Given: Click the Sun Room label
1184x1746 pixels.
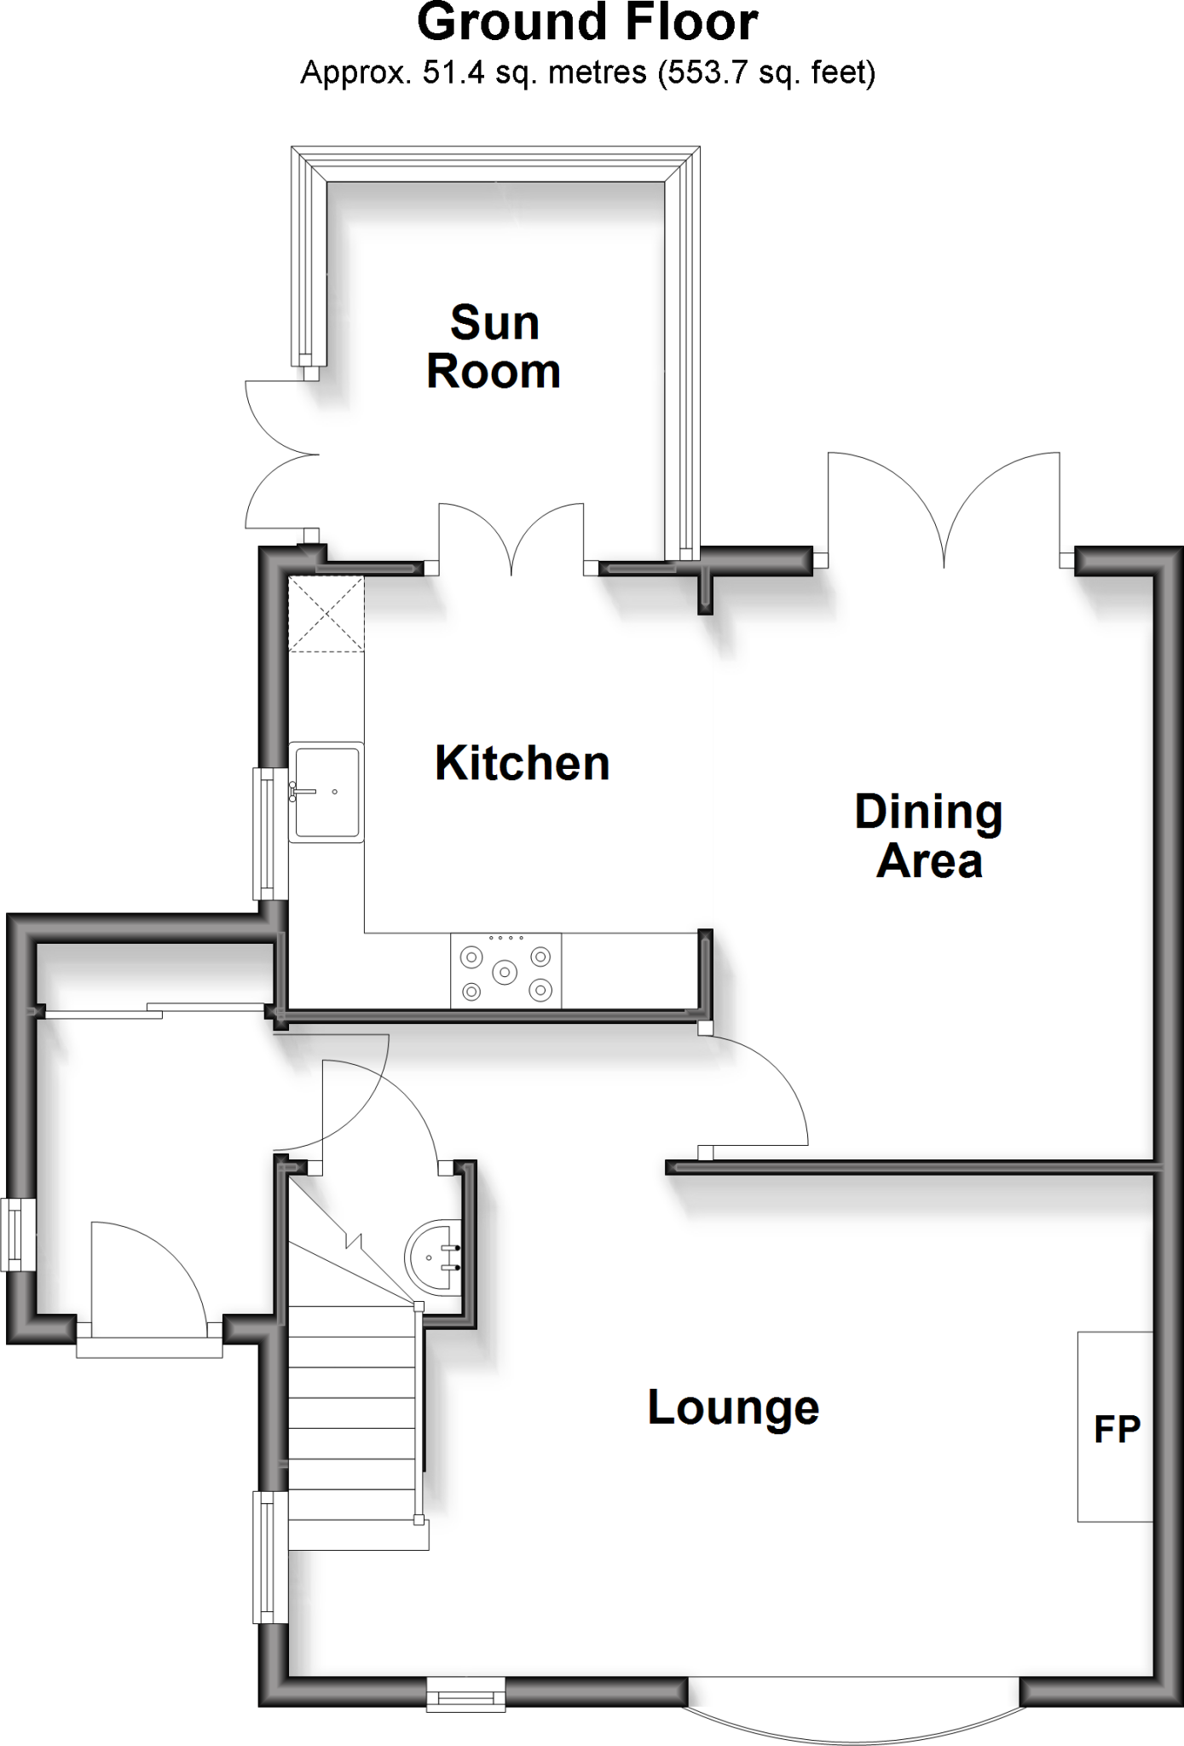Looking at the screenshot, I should tap(494, 347).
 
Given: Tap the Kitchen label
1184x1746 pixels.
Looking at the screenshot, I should tap(522, 763).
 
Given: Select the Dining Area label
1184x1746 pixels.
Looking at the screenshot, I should tap(929, 836).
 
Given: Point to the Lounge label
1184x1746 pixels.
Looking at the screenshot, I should tap(733, 1408).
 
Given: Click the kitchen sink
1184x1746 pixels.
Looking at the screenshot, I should tap(326, 792).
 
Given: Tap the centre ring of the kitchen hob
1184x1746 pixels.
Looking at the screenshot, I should tap(505, 971).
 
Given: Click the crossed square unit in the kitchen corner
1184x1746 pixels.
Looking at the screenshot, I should tap(326, 614).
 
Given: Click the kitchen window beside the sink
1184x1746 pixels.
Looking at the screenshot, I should tap(270, 833).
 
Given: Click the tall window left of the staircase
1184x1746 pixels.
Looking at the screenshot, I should tap(270, 1557).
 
